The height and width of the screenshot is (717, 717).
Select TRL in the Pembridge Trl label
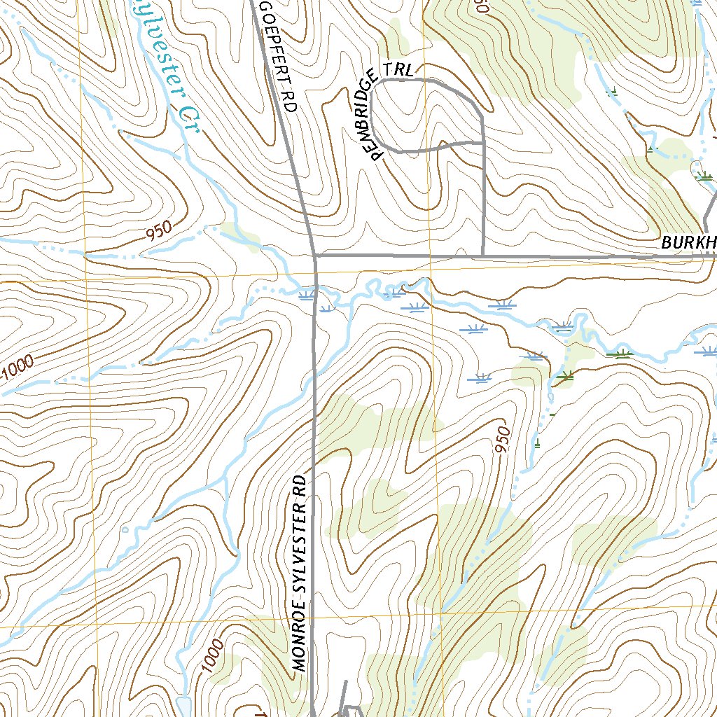pyautogui.click(x=405, y=70)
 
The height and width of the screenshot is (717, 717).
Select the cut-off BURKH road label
pyautogui.click(x=689, y=243)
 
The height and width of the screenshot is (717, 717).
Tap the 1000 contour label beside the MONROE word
pyautogui.click(x=215, y=657)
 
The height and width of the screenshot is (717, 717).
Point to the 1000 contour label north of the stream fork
pyautogui.click(x=17, y=367)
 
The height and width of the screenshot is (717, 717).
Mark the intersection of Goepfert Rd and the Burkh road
pyautogui.click(x=316, y=257)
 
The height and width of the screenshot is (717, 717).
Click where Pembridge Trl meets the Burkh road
pyautogui.click(x=482, y=256)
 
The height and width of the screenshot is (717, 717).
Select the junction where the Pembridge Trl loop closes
pyautogui.click(x=483, y=143)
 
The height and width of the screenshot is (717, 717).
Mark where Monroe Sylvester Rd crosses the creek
pyautogui.click(x=316, y=288)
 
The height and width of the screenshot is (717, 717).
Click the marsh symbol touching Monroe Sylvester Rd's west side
pyautogui.click(x=306, y=296)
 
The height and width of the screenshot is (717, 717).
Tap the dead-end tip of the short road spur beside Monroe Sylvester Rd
pyautogui.click(x=346, y=681)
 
